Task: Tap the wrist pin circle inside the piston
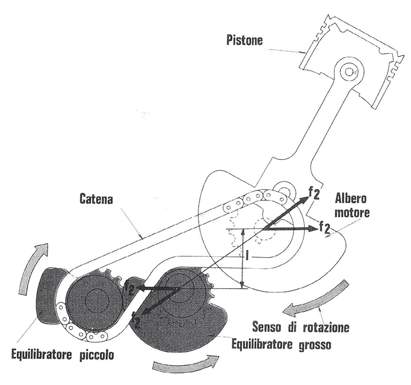coord(348,72)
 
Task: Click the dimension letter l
coord(247,256)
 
